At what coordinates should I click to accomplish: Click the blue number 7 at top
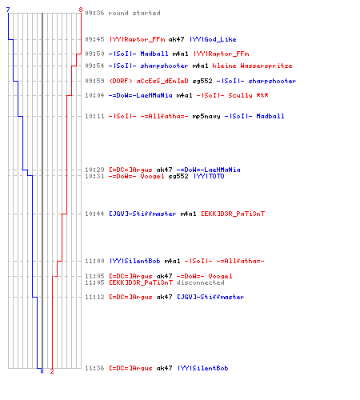pyautogui.click(x=8, y=10)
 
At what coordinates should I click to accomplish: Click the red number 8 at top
pyautogui.click(x=81, y=10)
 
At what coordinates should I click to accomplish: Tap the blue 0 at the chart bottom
pyautogui.click(x=42, y=371)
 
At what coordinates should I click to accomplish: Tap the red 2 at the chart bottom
pyautogui.click(x=52, y=371)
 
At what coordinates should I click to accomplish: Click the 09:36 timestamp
pyautogui.click(x=94, y=13)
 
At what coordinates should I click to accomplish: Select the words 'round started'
pyautogui.click(x=134, y=13)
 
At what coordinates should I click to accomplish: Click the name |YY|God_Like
pyautogui.click(x=213, y=39)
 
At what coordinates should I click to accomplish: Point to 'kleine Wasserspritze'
pyautogui.click(x=252, y=66)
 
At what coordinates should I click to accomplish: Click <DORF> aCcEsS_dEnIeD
pyautogui.click(x=149, y=81)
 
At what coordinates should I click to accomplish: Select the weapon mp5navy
pyautogui.click(x=206, y=116)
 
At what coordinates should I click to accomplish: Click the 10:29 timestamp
pyautogui.click(x=94, y=170)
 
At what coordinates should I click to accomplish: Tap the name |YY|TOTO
pyautogui.click(x=209, y=176)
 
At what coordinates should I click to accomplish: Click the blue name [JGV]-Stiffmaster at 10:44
pyautogui.click(x=142, y=214)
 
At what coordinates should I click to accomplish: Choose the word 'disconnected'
pyautogui.click(x=200, y=282)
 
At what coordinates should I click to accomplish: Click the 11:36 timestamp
pyautogui.click(x=94, y=368)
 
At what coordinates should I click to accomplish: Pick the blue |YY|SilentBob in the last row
pyautogui.click(x=202, y=368)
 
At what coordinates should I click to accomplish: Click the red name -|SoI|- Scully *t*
pyautogui.click(x=232, y=95)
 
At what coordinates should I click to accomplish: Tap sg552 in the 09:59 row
pyautogui.click(x=202, y=81)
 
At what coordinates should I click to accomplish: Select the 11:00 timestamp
pyautogui.click(x=94, y=261)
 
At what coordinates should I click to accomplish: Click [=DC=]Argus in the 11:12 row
pyautogui.click(x=130, y=297)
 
